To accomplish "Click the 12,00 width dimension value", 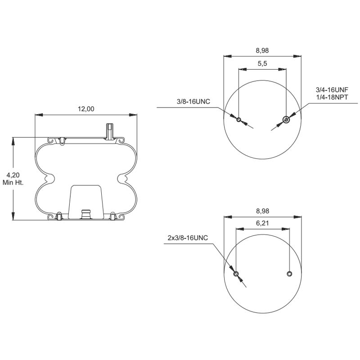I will click(86, 108).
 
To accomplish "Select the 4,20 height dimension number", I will click(13, 175).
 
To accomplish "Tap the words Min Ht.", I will click(13, 183).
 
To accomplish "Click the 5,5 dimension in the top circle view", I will click(262, 64).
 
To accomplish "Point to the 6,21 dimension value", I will click(262, 223).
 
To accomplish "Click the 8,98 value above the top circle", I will click(262, 50).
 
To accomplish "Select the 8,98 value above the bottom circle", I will click(262, 211).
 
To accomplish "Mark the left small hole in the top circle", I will click(239, 120).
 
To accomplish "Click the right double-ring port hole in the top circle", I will click(286, 119).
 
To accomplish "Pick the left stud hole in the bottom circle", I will click(236, 274).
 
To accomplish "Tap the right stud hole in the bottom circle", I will click(289, 274).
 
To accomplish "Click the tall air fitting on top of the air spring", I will click(109, 131).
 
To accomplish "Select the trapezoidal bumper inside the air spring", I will click(85, 200).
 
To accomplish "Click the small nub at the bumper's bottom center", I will click(85, 213).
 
